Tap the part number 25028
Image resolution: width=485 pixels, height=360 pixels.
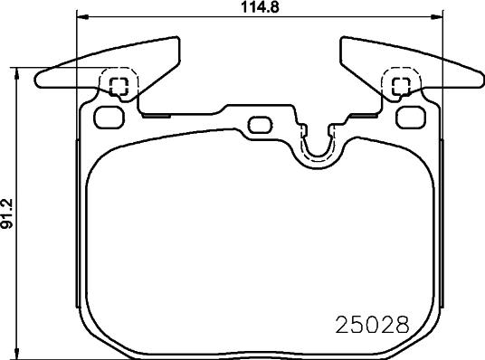click(x=368, y=324)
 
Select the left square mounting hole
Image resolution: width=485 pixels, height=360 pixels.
click(x=118, y=86)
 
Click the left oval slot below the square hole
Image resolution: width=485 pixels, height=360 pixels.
click(x=109, y=116)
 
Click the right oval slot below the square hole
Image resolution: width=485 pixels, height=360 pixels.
click(x=412, y=116)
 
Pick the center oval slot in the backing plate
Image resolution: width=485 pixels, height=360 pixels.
click(x=260, y=124)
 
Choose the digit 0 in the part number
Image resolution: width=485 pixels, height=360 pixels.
click(x=367, y=324)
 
